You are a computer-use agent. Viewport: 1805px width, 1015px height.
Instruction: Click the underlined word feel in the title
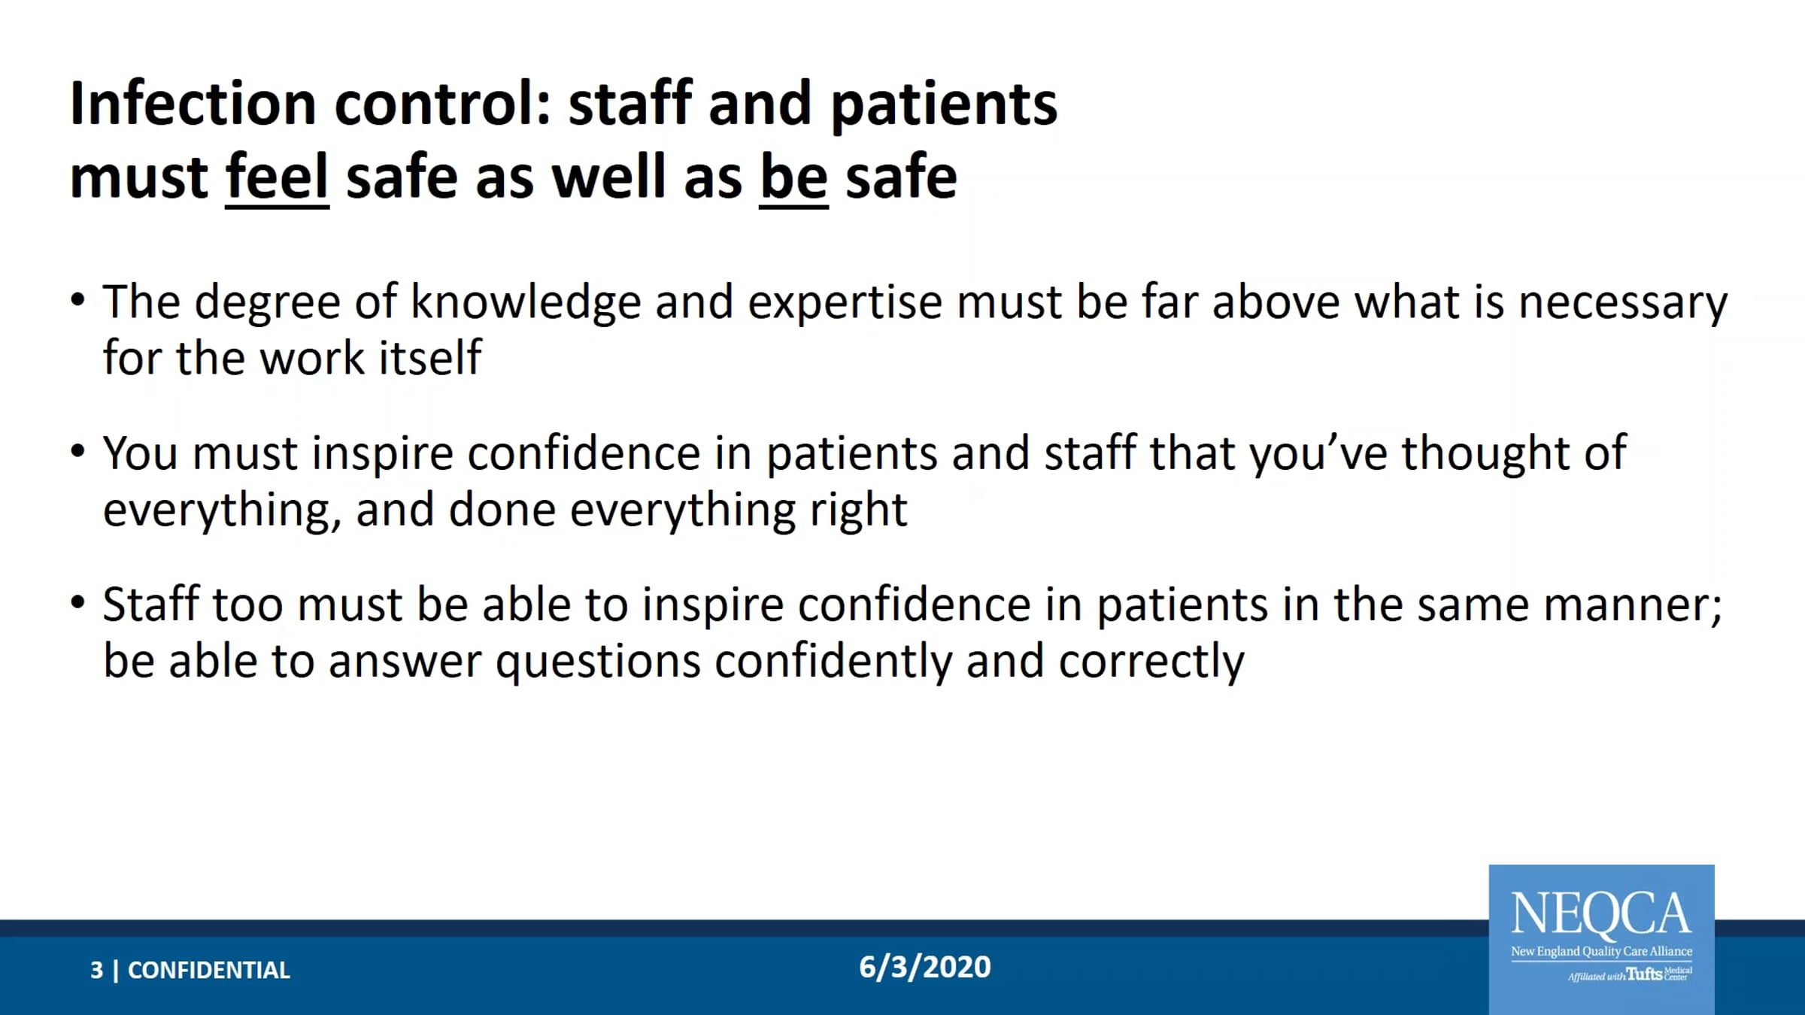tap(277, 176)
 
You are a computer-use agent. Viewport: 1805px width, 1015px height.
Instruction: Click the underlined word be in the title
tap(793, 176)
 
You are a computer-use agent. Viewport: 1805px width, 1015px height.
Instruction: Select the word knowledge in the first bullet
tap(526, 302)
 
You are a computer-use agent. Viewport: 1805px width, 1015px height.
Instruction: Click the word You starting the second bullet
tap(141, 453)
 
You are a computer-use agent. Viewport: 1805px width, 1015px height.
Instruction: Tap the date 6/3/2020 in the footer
tap(925, 967)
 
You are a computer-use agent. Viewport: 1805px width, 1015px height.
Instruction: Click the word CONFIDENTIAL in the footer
tap(209, 970)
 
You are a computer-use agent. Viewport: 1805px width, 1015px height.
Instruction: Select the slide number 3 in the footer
tap(97, 970)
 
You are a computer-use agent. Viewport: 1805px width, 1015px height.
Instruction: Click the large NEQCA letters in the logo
tap(1601, 913)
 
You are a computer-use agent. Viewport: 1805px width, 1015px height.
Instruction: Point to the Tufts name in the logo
tap(1644, 974)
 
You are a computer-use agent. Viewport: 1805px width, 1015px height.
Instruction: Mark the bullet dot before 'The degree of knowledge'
tap(77, 300)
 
